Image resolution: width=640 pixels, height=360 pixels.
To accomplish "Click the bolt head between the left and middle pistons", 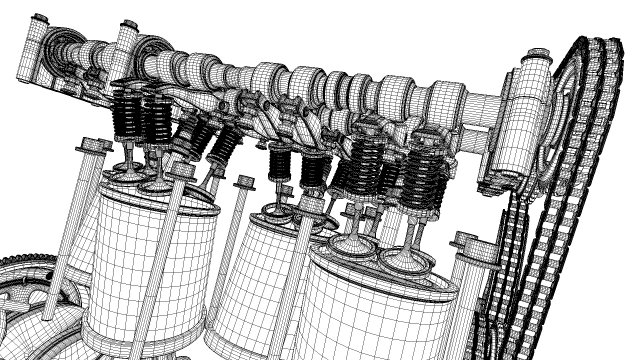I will pos(244,183).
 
